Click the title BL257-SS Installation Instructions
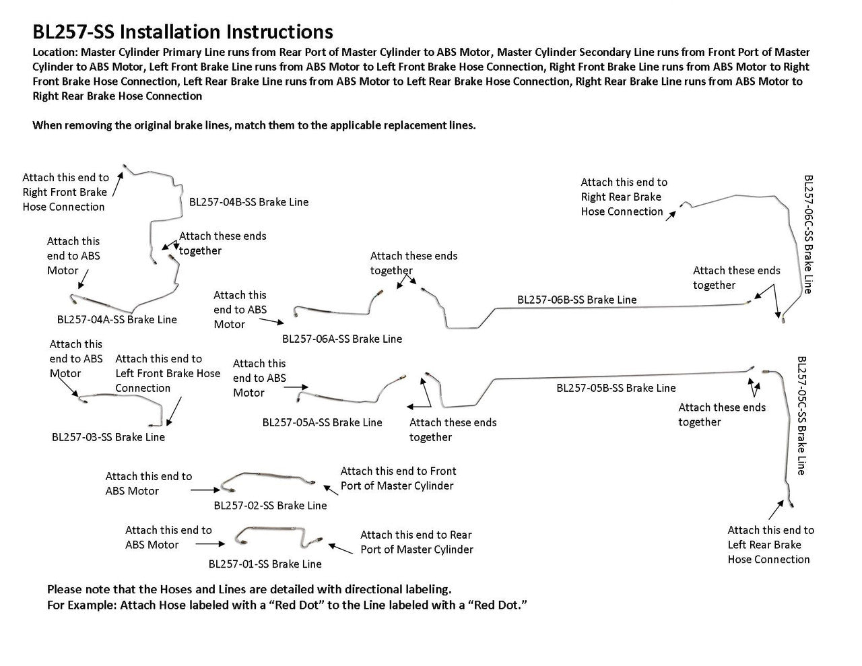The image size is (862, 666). [183, 32]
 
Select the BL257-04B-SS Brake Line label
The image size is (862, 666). [248, 202]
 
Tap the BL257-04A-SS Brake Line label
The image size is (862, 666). [117, 320]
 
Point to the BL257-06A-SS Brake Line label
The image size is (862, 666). [341, 339]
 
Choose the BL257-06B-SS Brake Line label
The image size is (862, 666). [576, 300]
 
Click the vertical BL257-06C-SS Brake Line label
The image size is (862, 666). [809, 234]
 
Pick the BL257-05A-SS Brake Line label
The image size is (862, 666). [322, 423]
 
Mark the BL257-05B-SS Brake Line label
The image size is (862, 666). [616, 388]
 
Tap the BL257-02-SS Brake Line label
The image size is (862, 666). [270, 506]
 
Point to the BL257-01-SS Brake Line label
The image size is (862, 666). [265, 564]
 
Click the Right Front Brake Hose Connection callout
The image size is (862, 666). [65, 193]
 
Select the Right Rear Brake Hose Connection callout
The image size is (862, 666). [624, 197]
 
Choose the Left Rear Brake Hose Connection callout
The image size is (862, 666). [770, 545]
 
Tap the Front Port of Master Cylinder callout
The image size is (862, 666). [398, 479]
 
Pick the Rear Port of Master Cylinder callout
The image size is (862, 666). [416, 542]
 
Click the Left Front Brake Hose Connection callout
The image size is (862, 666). [168, 374]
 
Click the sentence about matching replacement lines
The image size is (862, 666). [254, 125]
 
